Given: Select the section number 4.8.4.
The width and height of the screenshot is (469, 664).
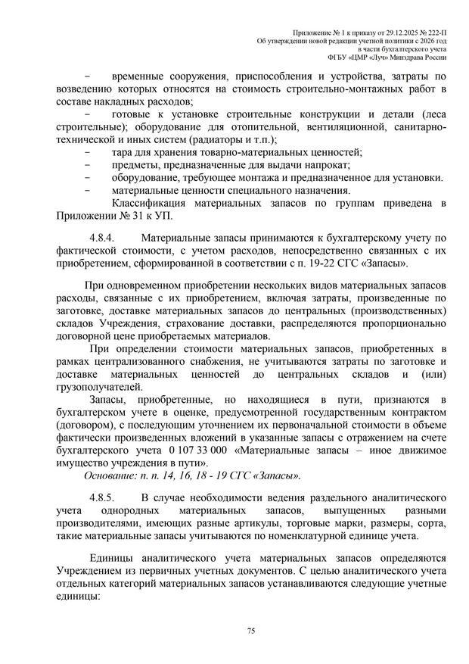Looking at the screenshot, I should (101, 238).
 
